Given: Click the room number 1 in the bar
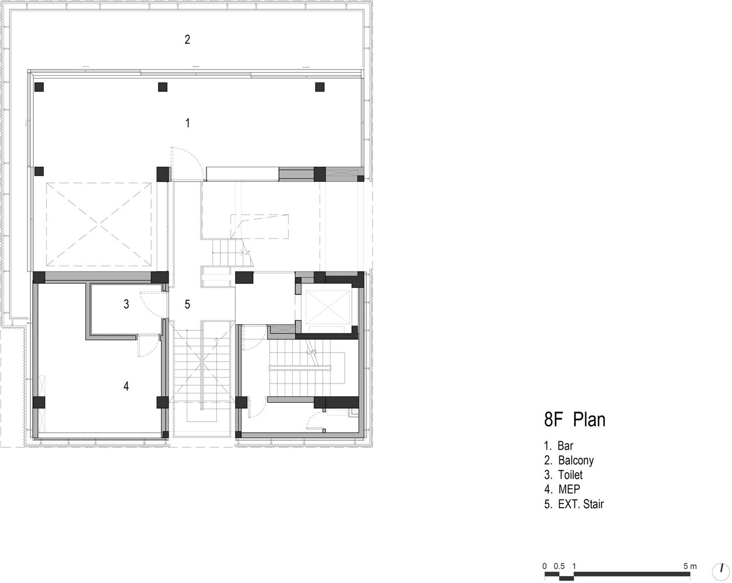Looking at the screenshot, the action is [188, 122].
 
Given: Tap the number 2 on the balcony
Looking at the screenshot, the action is [187, 40].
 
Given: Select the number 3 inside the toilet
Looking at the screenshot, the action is [126, 304].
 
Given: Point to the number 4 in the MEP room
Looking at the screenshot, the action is [126, 386].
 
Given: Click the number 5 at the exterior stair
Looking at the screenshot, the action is [187, 304].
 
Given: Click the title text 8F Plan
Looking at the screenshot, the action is [575, 420].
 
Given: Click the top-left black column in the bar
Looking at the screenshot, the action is [39, 87].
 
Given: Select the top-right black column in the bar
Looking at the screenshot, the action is [320, 87].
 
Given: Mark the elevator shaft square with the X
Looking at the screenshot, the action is [328, 307].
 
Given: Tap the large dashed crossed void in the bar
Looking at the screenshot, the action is [99, 224].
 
